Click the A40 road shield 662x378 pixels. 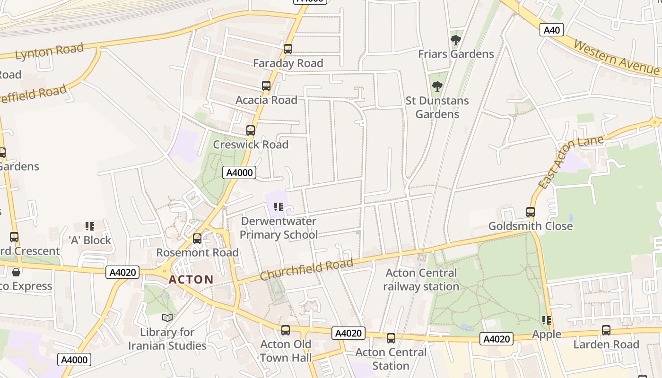pos(551,30)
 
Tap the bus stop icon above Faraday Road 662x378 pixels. pos(287,49)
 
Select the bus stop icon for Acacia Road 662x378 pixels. pos(266,86)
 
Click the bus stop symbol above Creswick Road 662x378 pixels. pos(251,130)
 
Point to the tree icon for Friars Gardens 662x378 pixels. pos(456,40)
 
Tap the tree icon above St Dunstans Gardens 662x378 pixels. pos(437,86)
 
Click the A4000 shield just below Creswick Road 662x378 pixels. pos(239,172)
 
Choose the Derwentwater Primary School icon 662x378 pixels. pos(279,207)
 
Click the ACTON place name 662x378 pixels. pos(191,279)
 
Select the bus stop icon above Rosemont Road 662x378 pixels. pos(197,239)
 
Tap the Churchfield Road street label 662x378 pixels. pos(306,269)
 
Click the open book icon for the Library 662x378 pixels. pos(167,318)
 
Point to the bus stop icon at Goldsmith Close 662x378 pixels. pos(531,212)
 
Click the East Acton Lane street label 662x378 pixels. pos(571,162)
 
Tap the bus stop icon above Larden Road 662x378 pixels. pos(606,330)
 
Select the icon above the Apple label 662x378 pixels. pos(547,320)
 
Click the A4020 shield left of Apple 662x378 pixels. pos(496,339)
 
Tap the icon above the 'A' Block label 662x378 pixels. pos(90,226)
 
